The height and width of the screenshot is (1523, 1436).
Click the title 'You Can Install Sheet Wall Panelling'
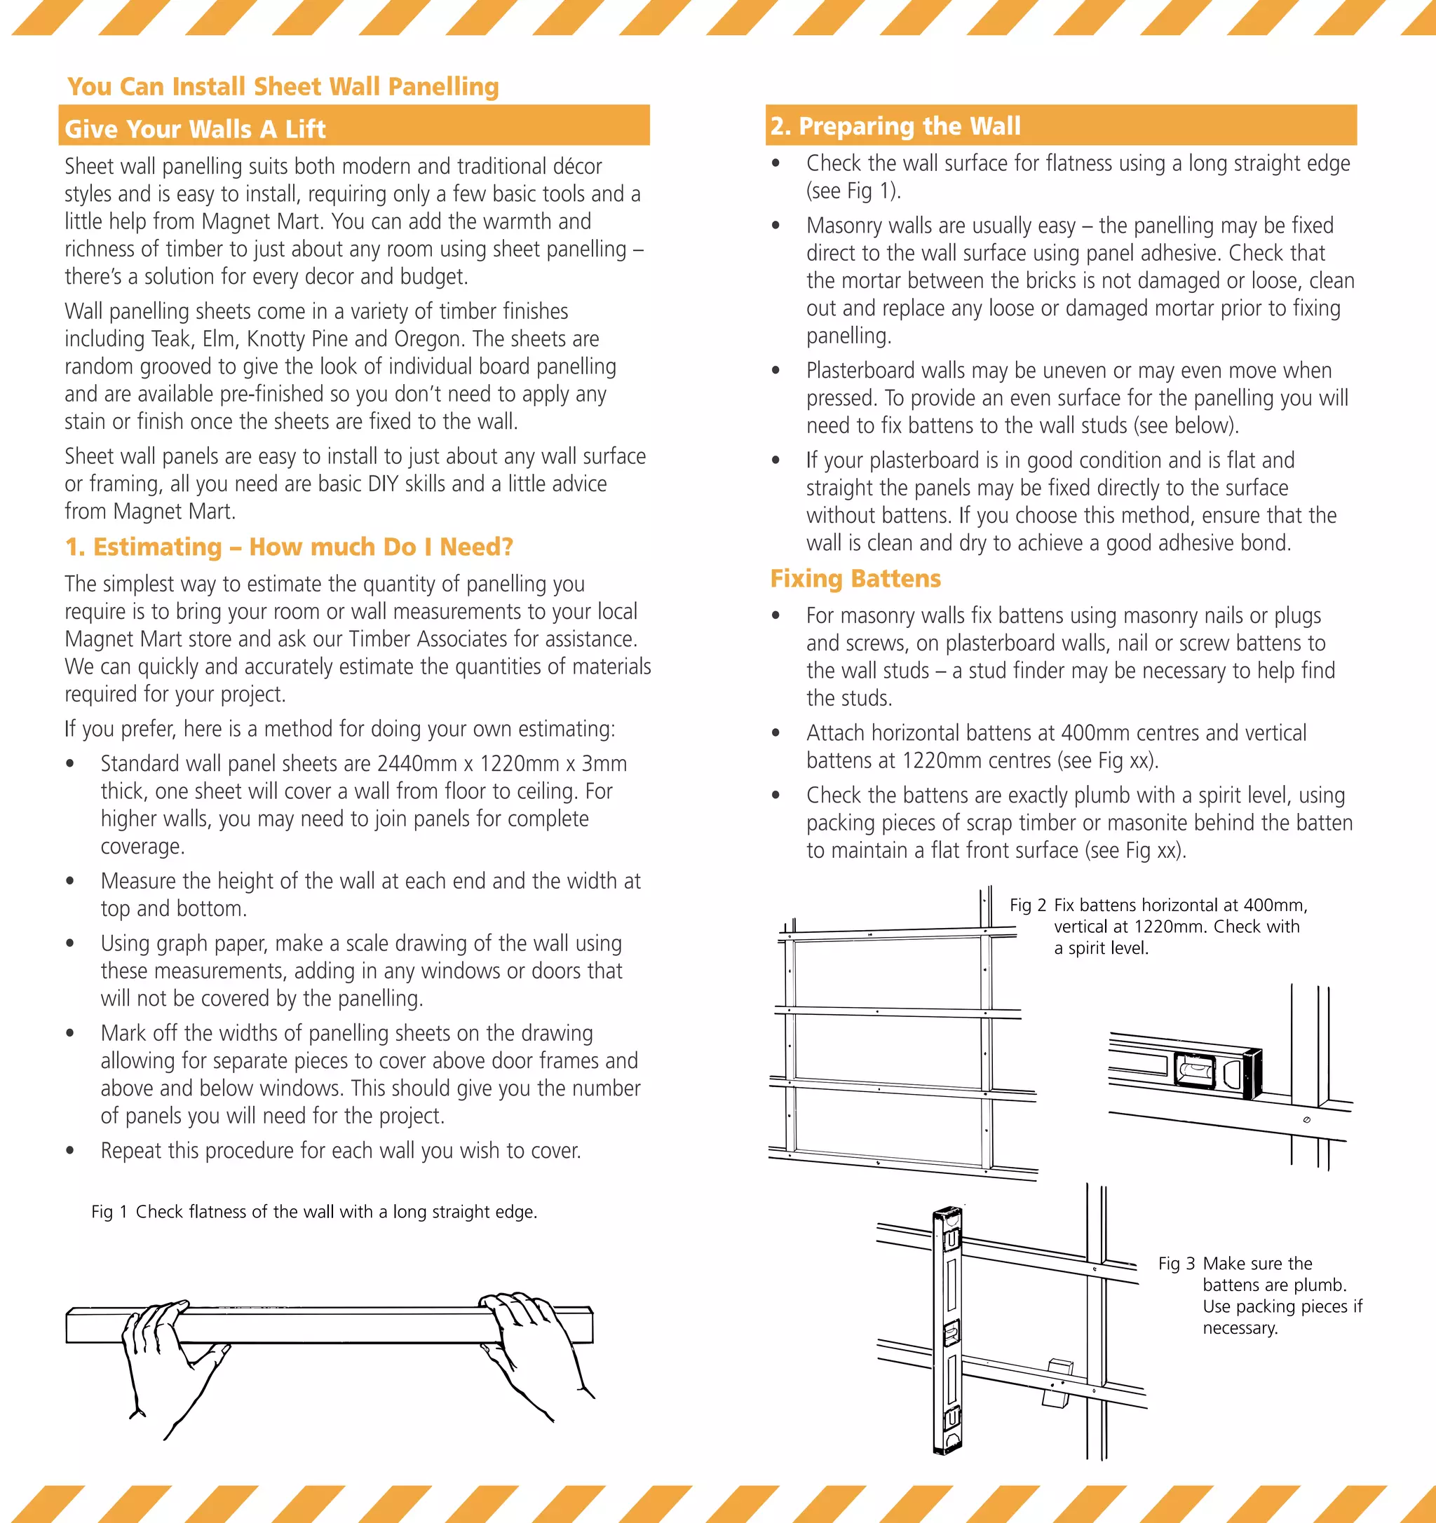click(x=283, y=87)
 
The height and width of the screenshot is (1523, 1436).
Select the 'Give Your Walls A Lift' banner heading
click(x=196, y=129)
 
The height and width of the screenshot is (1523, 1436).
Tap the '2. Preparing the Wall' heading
click(x=895, y=125)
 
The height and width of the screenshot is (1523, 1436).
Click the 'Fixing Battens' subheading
click(x=855, y=578)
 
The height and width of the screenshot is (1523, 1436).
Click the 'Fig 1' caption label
click(x=109, y=1211)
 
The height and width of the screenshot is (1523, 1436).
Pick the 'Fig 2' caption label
click(x=1028, y=905)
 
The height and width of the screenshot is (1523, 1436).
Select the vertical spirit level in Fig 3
click(x=947, y=1330)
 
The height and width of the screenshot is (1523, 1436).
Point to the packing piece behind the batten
click(x=1057, y=1384)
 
